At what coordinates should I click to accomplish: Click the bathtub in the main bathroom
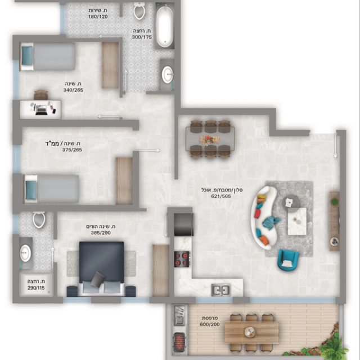[164, 26]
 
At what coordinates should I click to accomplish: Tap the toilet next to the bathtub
[139, 11]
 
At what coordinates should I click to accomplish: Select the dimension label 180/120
[98, 17]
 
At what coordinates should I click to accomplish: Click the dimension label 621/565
[221, 196]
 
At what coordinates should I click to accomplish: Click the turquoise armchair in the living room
[288, 260]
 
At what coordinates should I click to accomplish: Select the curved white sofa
[263, 218]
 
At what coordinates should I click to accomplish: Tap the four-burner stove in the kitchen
[182, 259]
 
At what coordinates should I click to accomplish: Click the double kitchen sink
[220, 290]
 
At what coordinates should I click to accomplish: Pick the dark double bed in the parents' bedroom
[101, 269]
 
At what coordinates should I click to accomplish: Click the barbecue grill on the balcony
[179, 340]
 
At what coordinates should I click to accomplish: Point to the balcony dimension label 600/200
[210, 325]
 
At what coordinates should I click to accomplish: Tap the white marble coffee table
[297, 221]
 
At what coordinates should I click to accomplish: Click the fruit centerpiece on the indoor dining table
[209, 139]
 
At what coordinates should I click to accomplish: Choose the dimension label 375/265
[72, 150]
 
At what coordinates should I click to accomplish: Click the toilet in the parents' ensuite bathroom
[39, 219]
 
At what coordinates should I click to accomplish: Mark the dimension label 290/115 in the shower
[36, 288]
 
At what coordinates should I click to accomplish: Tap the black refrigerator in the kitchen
[183, 224]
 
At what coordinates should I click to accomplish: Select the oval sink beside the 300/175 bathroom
[168, 75]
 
